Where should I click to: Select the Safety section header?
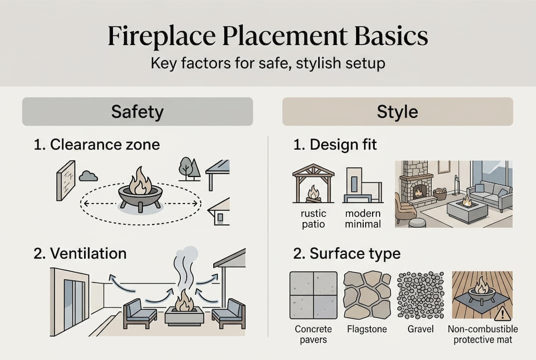pos(137,111)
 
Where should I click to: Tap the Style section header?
pos(398,111)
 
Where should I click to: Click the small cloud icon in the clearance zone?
pos(88,175)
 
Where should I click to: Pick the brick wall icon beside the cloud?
pos(65,180)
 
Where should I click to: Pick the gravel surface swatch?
pos(420,295)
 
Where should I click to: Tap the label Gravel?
pos(420,329)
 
